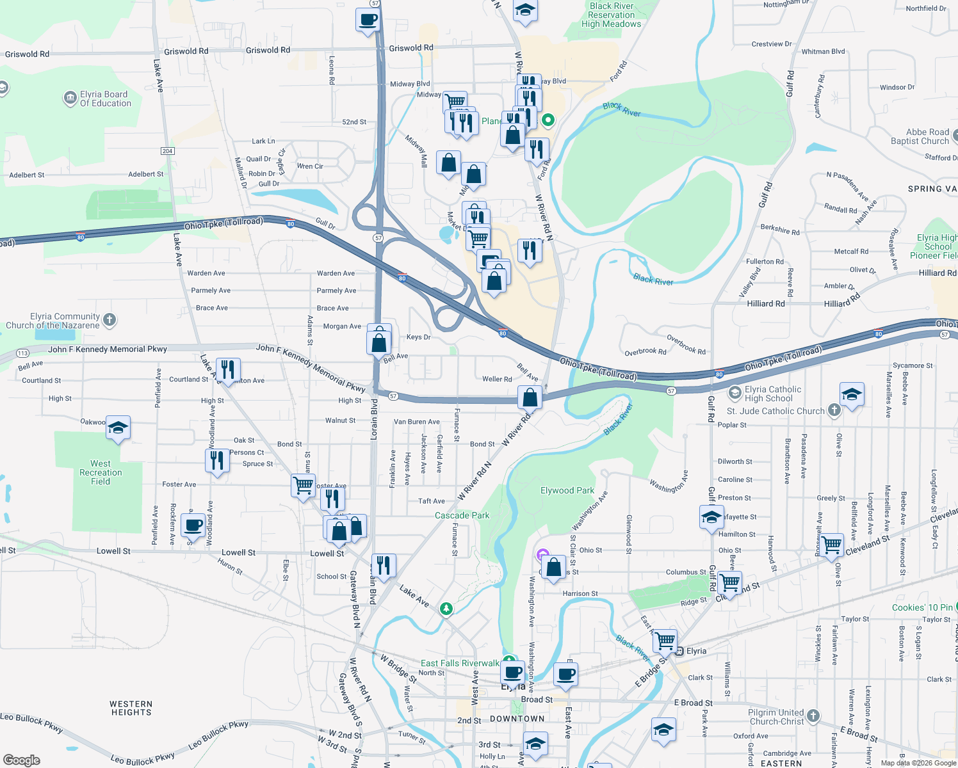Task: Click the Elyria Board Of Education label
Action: (x=105, y=99)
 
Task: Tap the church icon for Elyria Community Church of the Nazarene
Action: (x=110, y=320)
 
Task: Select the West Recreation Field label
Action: (x=101, y=472)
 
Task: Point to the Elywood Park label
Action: (x=567, y=490)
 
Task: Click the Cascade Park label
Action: (x=462, y=515)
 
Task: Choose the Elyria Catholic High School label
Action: (x=772, y=394)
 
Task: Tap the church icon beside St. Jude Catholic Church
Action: (x=834, y=410)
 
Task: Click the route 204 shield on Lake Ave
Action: (x=168, y=151)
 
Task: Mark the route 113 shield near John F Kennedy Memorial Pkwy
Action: (x=22, y=353)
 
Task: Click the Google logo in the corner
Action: (x=21, y=760)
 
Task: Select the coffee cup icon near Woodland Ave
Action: (x=193, y=525)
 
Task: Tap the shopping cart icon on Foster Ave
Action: (x=303, y=484)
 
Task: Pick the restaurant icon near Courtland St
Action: (x=228, y=369)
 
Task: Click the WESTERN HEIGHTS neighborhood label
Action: (x=131, y=708)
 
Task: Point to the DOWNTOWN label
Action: (x=517, y=719)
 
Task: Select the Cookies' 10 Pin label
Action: (x=922, y=607)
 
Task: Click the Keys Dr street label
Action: (x=418, y=337)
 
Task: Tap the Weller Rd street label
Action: (x=497, y=379)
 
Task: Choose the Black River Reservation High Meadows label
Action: (x=611, y=15)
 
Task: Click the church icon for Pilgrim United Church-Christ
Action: (x=813, y=716)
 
